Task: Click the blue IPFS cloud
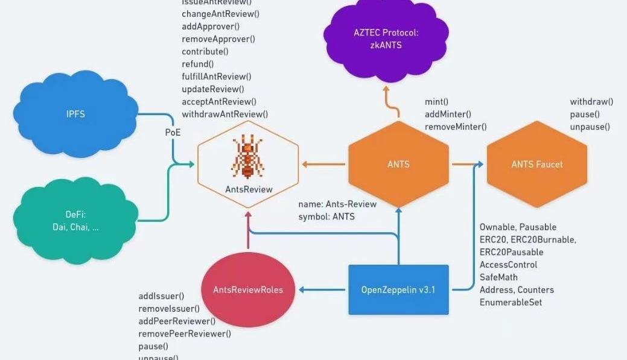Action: [75, 115]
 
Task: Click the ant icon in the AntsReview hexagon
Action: [247, 157]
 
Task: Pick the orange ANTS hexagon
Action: [398, 164]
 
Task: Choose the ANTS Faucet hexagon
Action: [536, 164]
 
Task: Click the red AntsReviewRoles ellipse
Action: [247, 289]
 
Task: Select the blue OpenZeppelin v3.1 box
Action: [398, 289]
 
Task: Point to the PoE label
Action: [173, 131]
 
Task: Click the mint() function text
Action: [437, 102]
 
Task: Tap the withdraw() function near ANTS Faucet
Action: [591, 102]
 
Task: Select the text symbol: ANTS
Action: [326, 216]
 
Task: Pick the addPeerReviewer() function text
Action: [177, 321]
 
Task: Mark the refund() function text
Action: [197, 64]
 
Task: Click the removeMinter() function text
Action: [456, 127]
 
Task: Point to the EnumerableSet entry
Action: [511, 302]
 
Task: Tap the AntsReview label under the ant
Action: [249, 189]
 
